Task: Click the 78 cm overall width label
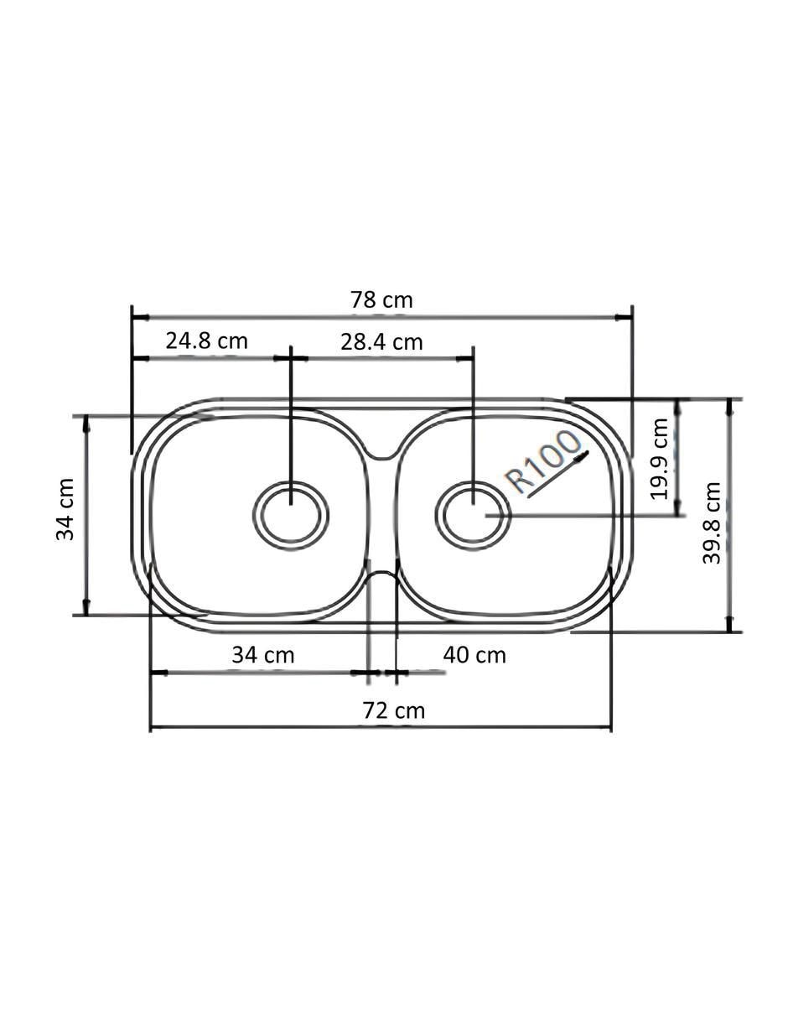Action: click(x=381, y=300)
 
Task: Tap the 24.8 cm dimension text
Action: click(x=206, y=341)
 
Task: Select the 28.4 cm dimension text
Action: click(x=381, y=342)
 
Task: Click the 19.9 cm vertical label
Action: click(x=660, y=459)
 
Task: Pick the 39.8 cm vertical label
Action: click(x=712, y=522)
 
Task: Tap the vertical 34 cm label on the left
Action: click(x=65, y=510)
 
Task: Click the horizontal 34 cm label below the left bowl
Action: click(x=263, y=655)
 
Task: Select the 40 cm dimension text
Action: click(x=474, y=655)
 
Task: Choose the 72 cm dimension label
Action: click(x=393, y=710)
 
